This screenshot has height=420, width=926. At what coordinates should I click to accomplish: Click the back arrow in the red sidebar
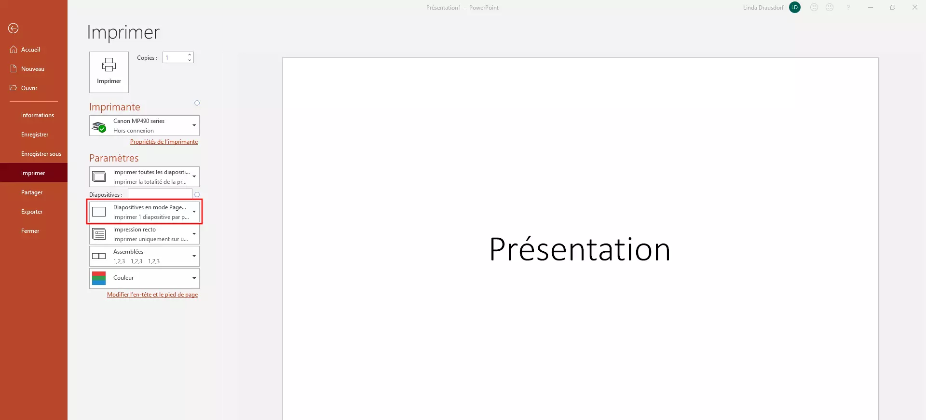(x=14, y=28)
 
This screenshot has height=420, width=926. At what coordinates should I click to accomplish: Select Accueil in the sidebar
(x=30, y=50)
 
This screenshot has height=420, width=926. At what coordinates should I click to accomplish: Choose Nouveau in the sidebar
(x=33, y=69)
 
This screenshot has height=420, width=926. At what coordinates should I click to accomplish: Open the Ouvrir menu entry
(x=29, y=88)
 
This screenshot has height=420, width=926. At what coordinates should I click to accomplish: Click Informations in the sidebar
(x=38, y=115)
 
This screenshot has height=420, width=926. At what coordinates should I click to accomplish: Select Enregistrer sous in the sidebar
(x=41, y=154)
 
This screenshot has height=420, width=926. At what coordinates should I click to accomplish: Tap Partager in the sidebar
(x=32, y=192)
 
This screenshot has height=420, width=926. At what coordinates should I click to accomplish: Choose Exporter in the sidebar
(x=32, y=212)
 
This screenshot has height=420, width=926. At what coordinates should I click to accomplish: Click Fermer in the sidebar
(x=30, y=231)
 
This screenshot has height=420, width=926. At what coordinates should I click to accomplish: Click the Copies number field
(x=175, y=57)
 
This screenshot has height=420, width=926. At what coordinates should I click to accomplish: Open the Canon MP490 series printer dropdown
(x=144, y=126)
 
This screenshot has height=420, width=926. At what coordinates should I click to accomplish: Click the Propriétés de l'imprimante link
(x=164, y=142)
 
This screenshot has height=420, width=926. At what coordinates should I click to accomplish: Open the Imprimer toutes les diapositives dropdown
(x=144, y=177)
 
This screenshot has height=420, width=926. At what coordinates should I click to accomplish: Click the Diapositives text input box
(x=160, y=194)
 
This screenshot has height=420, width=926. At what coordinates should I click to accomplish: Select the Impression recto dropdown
(x=144, y=234)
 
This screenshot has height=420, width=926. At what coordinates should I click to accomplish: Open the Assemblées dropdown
(x=144, y=257)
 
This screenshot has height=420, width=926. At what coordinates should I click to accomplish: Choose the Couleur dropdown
(x=144, y=278)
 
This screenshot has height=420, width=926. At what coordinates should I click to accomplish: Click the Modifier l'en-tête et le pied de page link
(x=152, y=295)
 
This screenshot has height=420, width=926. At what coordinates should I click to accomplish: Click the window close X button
(x=915, y=7)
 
